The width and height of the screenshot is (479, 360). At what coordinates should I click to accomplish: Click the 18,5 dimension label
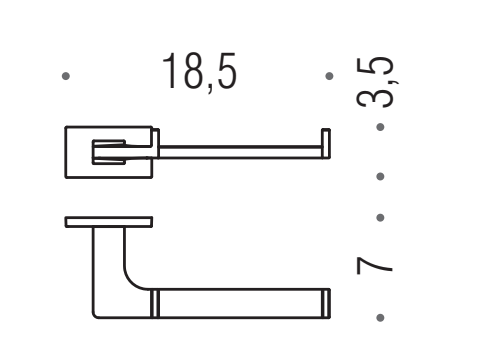(200, 73)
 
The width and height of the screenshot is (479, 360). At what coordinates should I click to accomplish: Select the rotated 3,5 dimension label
(375, 82)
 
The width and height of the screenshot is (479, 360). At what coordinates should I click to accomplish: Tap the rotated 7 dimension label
(374, 265)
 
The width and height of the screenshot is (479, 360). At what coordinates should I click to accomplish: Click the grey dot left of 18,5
(66, 76)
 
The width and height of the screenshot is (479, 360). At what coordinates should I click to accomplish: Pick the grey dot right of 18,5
(329, 76)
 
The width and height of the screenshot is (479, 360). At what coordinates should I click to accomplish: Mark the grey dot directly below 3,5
(380, 127)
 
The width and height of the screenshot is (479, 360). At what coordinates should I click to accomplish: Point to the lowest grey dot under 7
(380, 318)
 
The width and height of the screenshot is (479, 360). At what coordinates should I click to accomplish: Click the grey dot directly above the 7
(380, 218)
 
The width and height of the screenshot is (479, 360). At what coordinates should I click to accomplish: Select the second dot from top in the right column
(380, 176)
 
